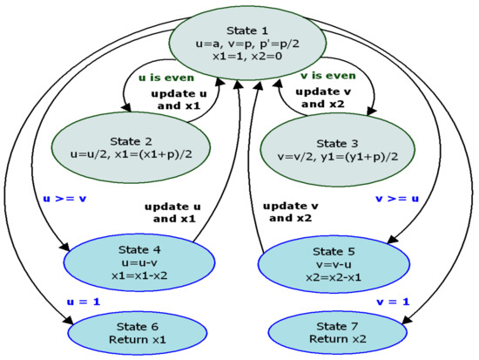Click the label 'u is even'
pyautogui.click(x=166, y=77)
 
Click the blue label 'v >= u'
pyautogui.click(x=398, y=198)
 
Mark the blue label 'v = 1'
pyautogui.click(x=392, y=301)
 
